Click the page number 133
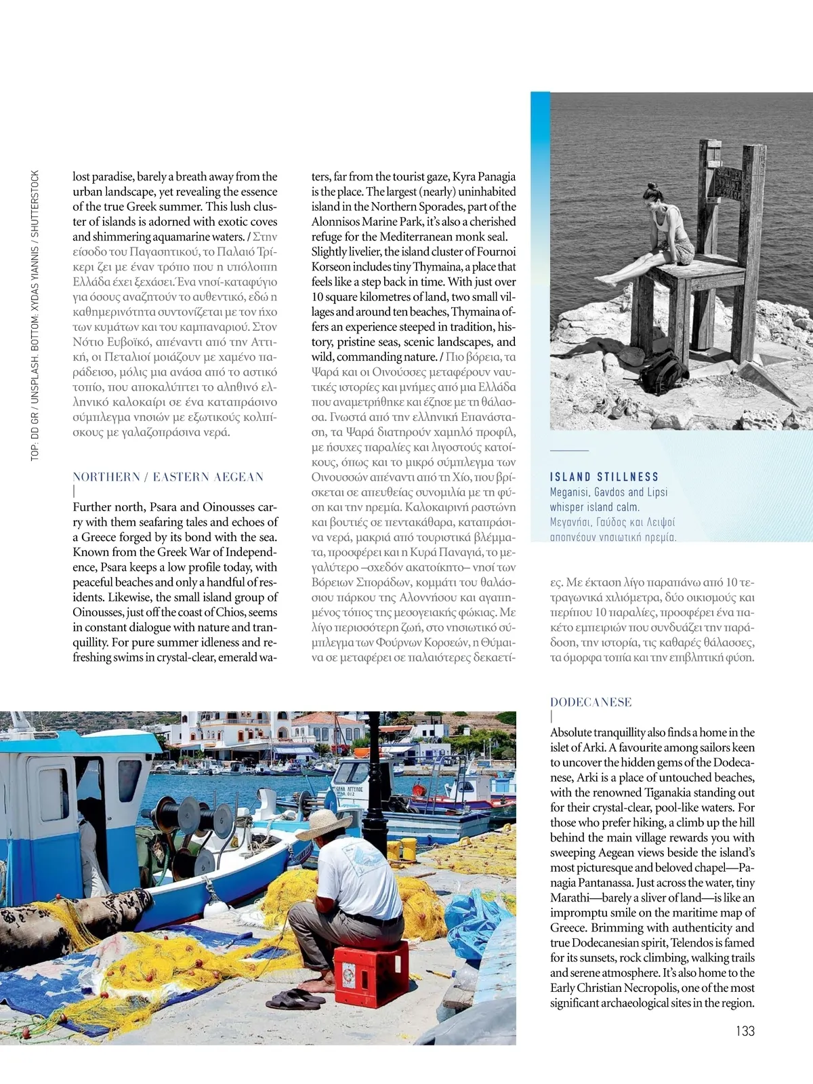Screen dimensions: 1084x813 (x=745, y=1030)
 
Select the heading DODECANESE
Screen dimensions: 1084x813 (x=591, y=702)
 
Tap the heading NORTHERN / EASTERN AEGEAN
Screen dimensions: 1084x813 (x=168, y=477)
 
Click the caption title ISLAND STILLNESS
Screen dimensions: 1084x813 (x=604, y=477)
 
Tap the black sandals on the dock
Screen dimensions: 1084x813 (x=295, y=999)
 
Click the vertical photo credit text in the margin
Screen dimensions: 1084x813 (x=35, y=315)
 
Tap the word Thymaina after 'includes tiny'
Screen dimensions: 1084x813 (x=436, y=267)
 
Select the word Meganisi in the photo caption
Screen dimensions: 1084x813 (x=569, y=492)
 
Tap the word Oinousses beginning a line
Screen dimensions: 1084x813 (x=98, y=612)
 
